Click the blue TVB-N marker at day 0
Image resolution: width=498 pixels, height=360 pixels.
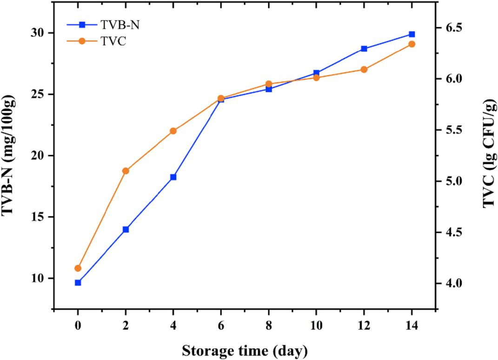tap(78, 282)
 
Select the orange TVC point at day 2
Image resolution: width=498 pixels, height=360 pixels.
tap(126, 171)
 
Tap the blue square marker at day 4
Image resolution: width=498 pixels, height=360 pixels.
tap(173, 177)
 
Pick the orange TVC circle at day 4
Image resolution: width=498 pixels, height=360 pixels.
tap(173, 131)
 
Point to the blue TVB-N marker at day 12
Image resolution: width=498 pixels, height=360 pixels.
tap(364, 48)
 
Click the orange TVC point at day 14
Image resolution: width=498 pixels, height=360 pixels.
tap(412, 44)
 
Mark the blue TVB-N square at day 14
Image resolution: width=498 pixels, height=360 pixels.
tap(412, 34)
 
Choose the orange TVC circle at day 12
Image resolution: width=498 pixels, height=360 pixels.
tap(364, 69)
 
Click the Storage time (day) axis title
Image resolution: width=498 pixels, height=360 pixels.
tap(244, 350)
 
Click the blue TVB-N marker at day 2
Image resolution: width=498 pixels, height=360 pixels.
tap(126, 229)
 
